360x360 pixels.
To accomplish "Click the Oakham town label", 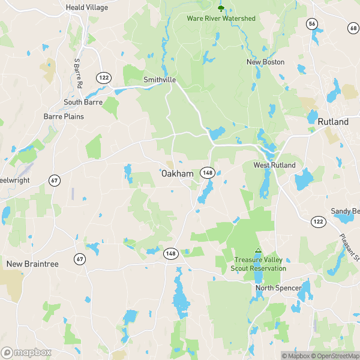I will [177, 173].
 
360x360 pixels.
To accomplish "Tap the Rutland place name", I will [333, 122].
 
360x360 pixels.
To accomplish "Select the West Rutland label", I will [274, 165].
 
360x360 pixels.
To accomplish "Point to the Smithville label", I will [159, 79].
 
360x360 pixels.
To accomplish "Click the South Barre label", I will [83, 102].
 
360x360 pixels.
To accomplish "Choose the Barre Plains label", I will [64, 116].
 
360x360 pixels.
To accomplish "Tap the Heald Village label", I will [87, 7].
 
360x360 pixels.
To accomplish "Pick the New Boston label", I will [265, 62].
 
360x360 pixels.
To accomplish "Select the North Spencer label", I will [278, 288].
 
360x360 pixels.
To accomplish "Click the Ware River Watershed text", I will [221, 19].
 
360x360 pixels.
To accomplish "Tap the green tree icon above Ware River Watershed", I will [221, 8].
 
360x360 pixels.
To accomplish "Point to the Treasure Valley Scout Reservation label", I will [259, 264].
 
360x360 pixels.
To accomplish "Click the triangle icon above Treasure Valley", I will [259, 251].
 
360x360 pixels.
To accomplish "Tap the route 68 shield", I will [352, 28].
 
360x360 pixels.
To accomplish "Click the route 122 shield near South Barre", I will [103, 77].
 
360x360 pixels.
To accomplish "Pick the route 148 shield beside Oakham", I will [208, 172].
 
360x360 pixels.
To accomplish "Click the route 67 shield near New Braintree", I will [80, 259].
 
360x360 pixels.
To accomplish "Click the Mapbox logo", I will [26, 352].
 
